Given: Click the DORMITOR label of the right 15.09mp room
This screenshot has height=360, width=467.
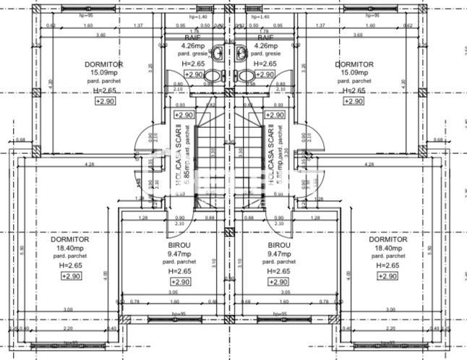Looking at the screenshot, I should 354,64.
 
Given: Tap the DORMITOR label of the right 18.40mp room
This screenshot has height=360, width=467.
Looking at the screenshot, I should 387,239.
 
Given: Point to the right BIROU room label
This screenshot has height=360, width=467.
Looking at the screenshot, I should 278,245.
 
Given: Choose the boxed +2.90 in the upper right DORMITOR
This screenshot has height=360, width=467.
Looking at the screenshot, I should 353,102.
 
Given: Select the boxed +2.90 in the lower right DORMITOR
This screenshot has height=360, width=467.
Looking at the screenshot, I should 387,276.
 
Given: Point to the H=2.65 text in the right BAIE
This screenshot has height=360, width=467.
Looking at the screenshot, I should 265,63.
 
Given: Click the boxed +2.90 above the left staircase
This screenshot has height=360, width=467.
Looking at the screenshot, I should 184,114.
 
